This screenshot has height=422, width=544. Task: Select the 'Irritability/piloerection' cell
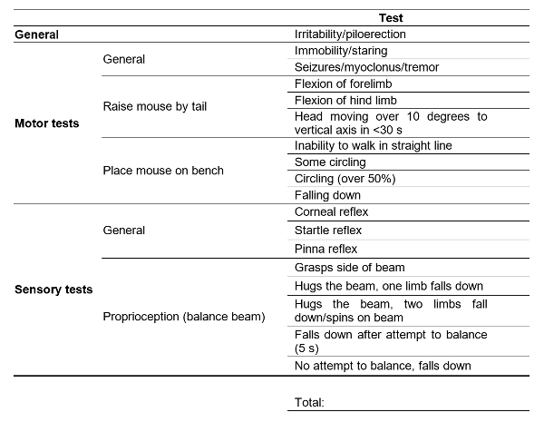tap(350, 34)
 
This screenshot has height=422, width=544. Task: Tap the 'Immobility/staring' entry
tap(342, 51)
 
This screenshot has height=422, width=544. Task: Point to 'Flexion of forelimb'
tap(342, 83)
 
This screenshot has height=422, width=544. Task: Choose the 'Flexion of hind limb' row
tap(344, 100)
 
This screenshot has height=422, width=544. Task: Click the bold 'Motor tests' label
tap(47, 123)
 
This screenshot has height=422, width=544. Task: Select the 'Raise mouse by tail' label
tap(155, 107)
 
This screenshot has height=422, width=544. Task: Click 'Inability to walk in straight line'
tap(374, 145)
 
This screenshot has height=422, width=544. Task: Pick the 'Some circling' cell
tap(329, 162)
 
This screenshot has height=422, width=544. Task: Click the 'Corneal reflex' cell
tap(332, 211)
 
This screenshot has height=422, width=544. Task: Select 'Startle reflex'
tap(329, 231)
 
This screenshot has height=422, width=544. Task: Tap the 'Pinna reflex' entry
tap(326, 249)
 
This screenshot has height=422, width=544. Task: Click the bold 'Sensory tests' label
tap(53, 290)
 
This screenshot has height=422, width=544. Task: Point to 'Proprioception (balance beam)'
tap(183, 317)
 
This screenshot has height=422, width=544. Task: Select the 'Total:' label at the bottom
tap(309, 401)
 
